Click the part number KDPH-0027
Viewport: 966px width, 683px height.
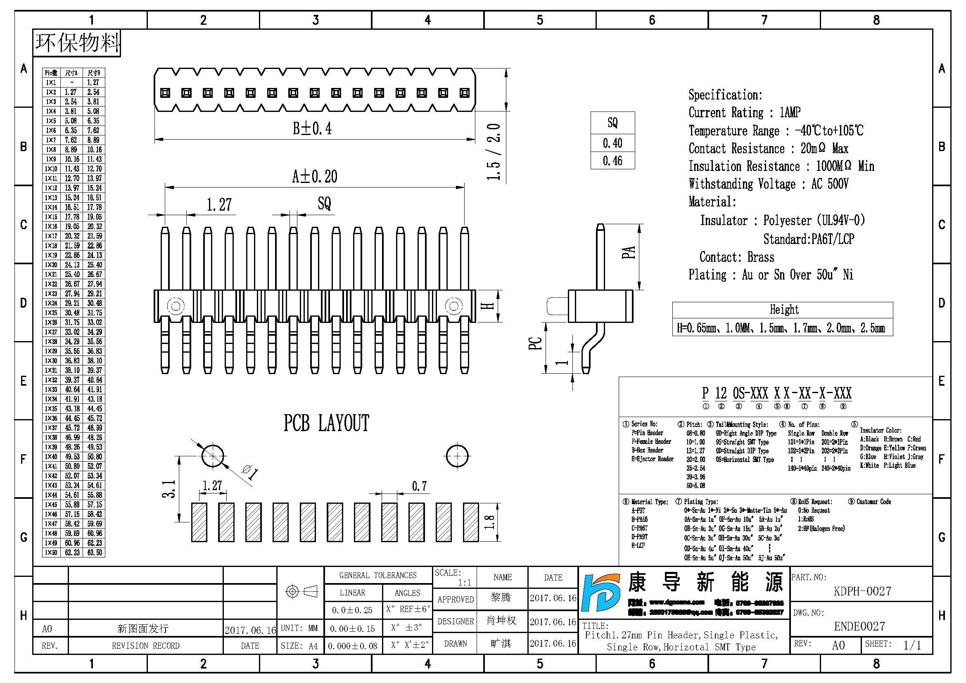(x=862, y=591)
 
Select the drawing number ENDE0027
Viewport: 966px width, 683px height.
(x=859, y=626)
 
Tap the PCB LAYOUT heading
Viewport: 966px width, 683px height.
(x=326, y=423)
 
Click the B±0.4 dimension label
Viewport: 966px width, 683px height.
(x=312, y=128)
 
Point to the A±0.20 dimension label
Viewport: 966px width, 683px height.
(x=315, y=177)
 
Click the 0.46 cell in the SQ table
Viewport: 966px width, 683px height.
(x=612, y=161)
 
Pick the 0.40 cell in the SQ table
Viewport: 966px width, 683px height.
(x=612, y=143)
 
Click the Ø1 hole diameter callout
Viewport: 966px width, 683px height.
(x=250, y=472)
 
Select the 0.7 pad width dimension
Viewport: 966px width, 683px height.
(x=419, y=486)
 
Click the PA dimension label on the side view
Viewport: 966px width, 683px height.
(x=628, y=252)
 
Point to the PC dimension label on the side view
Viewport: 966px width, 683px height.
(x=535, y=343)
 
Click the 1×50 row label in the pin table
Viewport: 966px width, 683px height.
(x=51, y=552)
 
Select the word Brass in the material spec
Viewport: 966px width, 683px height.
(x=761, y=257)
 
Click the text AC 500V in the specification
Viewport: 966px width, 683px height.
(x=830, y=184)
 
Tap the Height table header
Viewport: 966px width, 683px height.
(x=784, y=310)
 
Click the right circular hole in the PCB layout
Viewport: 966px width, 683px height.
(x=457, y=456)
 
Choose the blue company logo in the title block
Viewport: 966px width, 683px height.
(x=601, y=593)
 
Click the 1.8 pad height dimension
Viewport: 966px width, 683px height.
(x=489, y=522)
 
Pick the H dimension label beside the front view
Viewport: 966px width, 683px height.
(x=489, y=306)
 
